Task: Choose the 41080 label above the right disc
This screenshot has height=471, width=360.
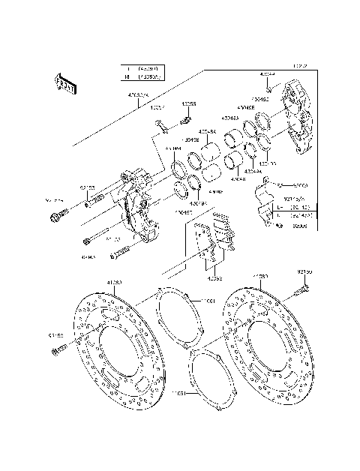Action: [x=259, y=277]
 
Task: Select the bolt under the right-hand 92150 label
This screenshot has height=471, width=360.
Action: [x=304, y=286]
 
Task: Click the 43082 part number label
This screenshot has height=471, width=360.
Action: [x=214, y=277]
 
